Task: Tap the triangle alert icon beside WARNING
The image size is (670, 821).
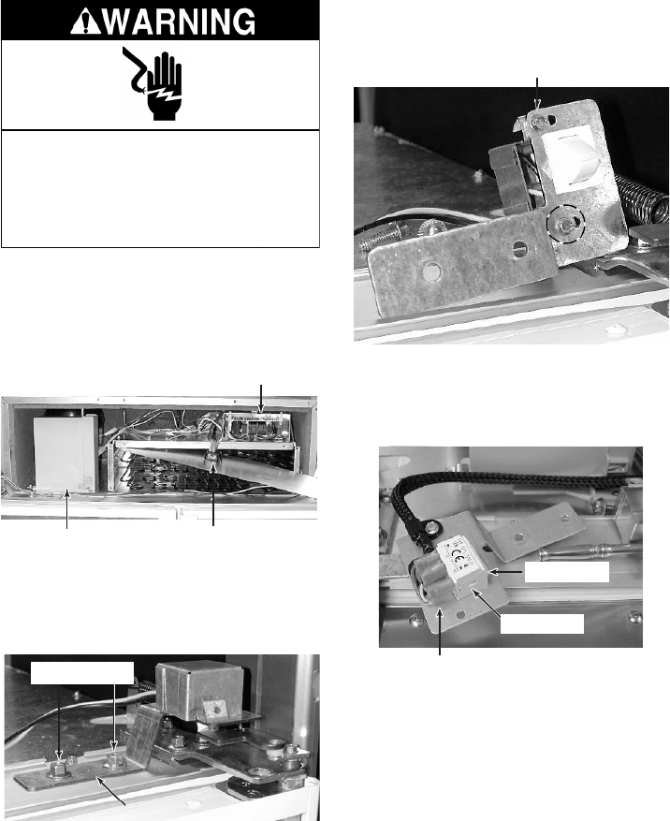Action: pyautogui.click(x=82, y=22)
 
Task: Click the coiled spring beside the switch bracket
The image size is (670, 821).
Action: pyautogui.click(x=643, y=198)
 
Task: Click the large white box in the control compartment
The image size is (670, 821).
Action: pyautogui.click(x=65, y=453)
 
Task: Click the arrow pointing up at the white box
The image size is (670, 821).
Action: pyautogui.click(x=67, y=508)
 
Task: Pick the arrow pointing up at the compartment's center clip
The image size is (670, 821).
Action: pyautogui.click(x=213, y=496)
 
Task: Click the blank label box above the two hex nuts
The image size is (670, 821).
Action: pyautogui.click(x=81, y=672)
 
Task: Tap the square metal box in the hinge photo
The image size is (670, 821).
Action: pyautogui.click(x=194, y=685)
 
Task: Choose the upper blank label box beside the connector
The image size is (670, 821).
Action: pyautogui.click(x=567, y=572)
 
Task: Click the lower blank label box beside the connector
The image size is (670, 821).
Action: pyautogui.click(x=542, y=623)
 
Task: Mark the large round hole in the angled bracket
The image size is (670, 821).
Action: pyautogui.click(x=433, y=271)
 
